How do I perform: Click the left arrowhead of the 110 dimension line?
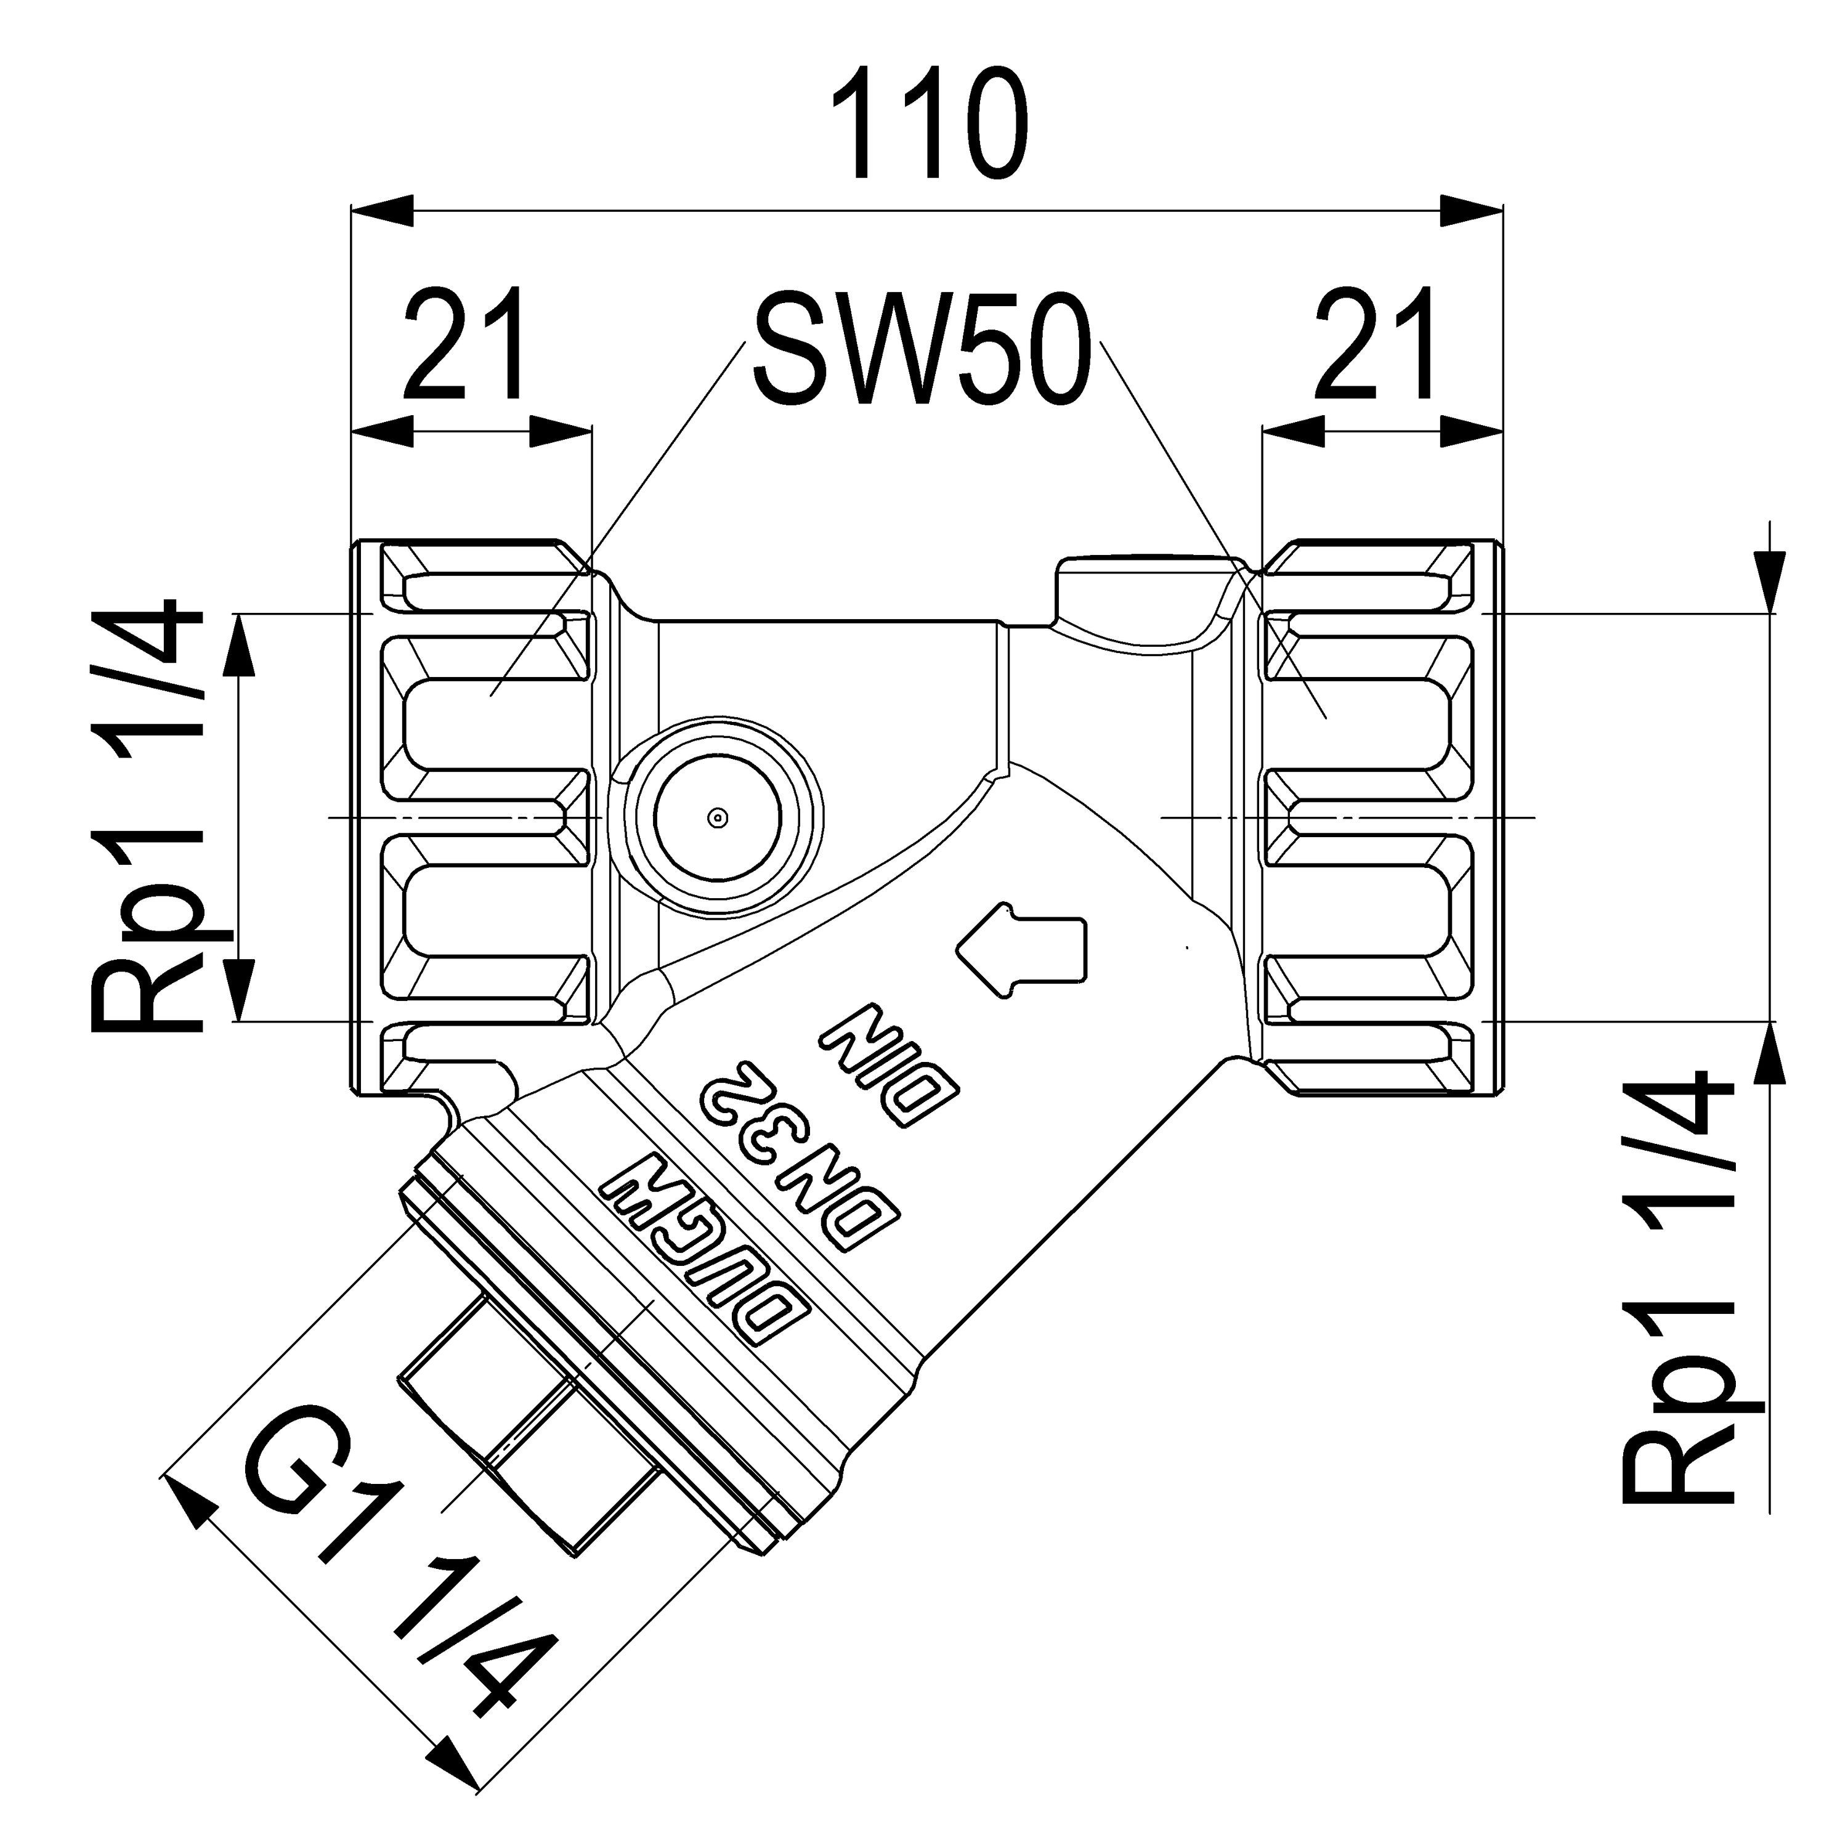[383, 211]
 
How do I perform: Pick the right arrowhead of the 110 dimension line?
[1473, 211]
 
